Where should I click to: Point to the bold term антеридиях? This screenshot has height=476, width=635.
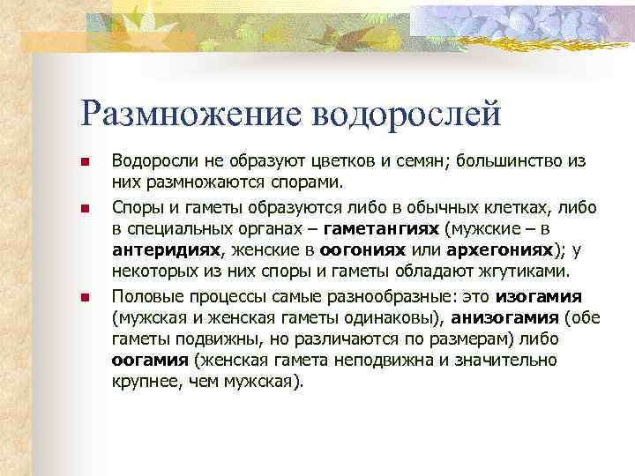coord(165,250)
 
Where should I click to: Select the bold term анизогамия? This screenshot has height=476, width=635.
coord(510,316)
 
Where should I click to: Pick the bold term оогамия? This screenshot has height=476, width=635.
coord(150,360)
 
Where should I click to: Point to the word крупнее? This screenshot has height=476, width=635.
coord(146,382)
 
